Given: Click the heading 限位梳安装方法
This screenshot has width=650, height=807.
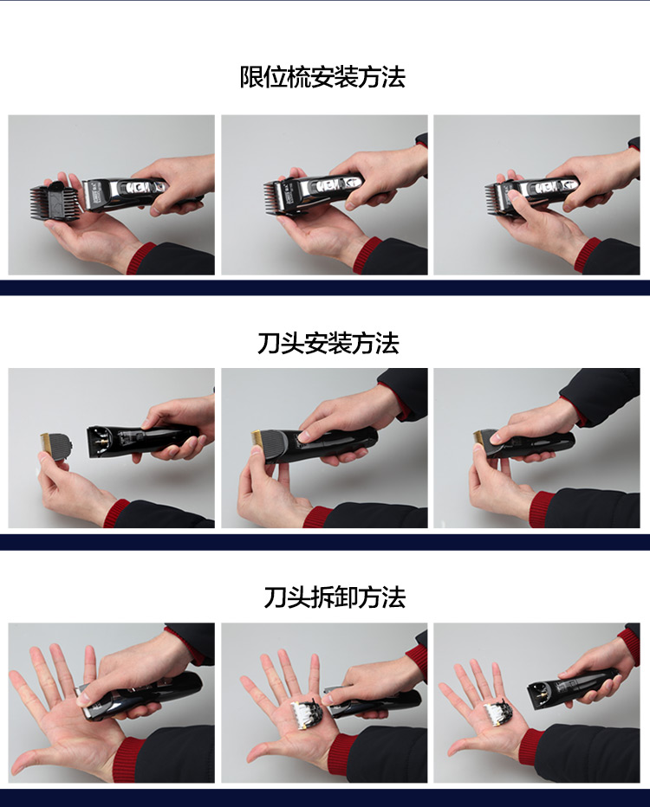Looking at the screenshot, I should tap(322, 78).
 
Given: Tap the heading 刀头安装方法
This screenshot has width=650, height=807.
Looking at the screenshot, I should tap(328, 344).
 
